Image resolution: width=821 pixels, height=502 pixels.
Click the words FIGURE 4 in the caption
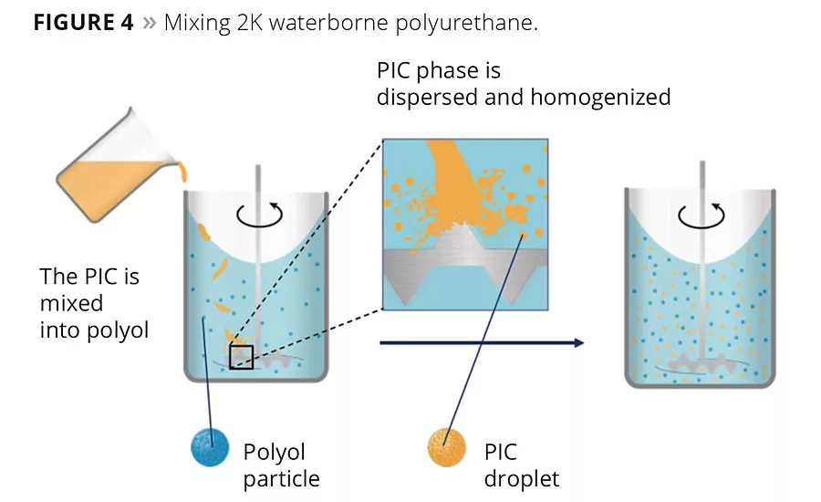pyautogui.click(x=84, y=23)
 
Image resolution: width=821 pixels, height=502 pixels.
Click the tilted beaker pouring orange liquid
pyautogui.click(x=114, y=179)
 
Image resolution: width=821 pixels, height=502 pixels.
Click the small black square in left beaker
pyautogui.click(x=241, y=357)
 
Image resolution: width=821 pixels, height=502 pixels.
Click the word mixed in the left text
pyautogui.click(x=71, y=302)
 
